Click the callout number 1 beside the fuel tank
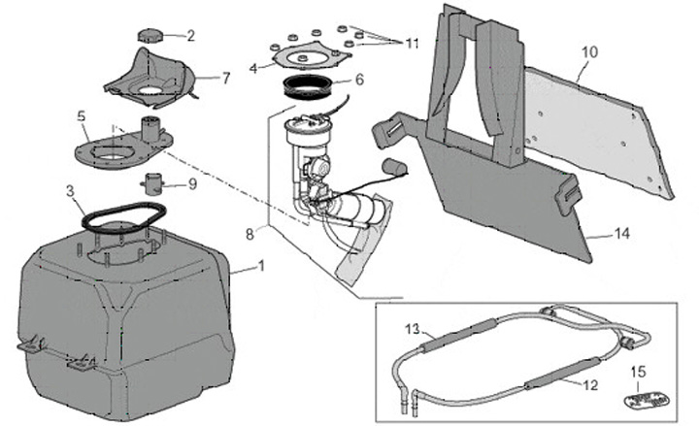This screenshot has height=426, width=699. (x=261, y=265)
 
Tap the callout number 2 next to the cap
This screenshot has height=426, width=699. (x=190, y=36)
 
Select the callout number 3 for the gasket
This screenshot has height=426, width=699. (x=71, y=191)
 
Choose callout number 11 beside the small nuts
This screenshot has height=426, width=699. (x=413, y=44)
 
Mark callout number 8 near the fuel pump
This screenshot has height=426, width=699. (x=250, y=233)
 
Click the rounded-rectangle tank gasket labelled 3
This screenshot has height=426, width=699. (x=112, y=215)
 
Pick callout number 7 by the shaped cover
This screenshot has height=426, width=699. (x=225, y=76)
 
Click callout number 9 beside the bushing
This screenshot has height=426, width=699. (x=192, y=182)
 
